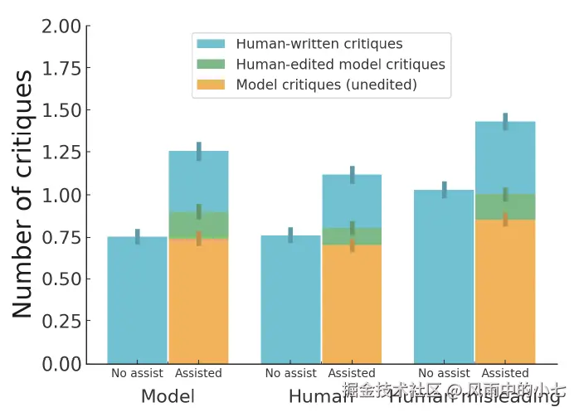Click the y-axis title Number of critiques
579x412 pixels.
tap(22, 194)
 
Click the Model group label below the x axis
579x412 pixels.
tap(168, 396)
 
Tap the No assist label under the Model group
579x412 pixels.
tap(137, 373)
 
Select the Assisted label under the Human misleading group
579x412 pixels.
tap(504, 373)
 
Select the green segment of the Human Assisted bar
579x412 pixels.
tap(352, 236)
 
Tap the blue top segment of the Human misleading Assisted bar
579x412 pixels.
tap(504, 158)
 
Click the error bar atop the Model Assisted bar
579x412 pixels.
tap(199, 151)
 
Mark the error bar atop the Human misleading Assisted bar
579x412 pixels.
tap(505, 121)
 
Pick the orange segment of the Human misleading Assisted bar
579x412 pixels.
tap(504, 291)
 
